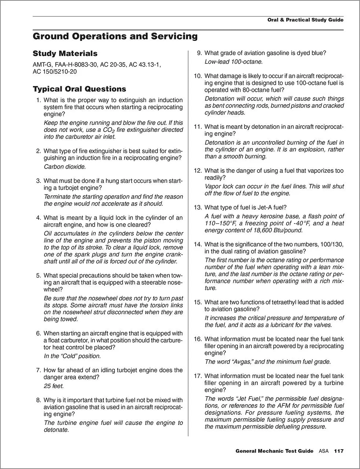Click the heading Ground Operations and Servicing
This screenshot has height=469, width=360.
pyautogui.click(x=115, y=36)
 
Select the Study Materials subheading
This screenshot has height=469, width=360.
pyautogui.click(x=65, y=53)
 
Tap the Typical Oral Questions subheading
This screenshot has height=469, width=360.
pyautogui.click(x=79, y=89)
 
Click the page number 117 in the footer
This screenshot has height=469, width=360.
pyautogui.click(x=338, y=451)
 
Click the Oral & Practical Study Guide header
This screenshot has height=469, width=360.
pyautogui.click(x=305, y=20)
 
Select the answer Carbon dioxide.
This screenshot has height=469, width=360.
pyautogui.click(x=65, y=167)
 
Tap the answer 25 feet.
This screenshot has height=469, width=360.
pyautogui.click(x=54, y=386)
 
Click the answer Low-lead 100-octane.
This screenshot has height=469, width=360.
pyautogui.click(x=234, y=62)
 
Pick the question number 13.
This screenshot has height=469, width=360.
pyautogui.click(x=198, y=207)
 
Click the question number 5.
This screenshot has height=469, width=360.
pyautogui.click(x=38, y=276)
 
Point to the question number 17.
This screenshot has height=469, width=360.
pyautogui.click(x=198, y=376)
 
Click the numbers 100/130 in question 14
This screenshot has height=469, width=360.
pyautogui.click(x=331, y=244)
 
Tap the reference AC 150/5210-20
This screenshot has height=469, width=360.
pyautogui.click(x=55, y=71)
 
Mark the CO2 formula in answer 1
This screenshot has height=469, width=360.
pyautogui.click(x=109, y=130)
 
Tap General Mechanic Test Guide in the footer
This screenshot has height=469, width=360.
pyautogui.click(x=275, y=451)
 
